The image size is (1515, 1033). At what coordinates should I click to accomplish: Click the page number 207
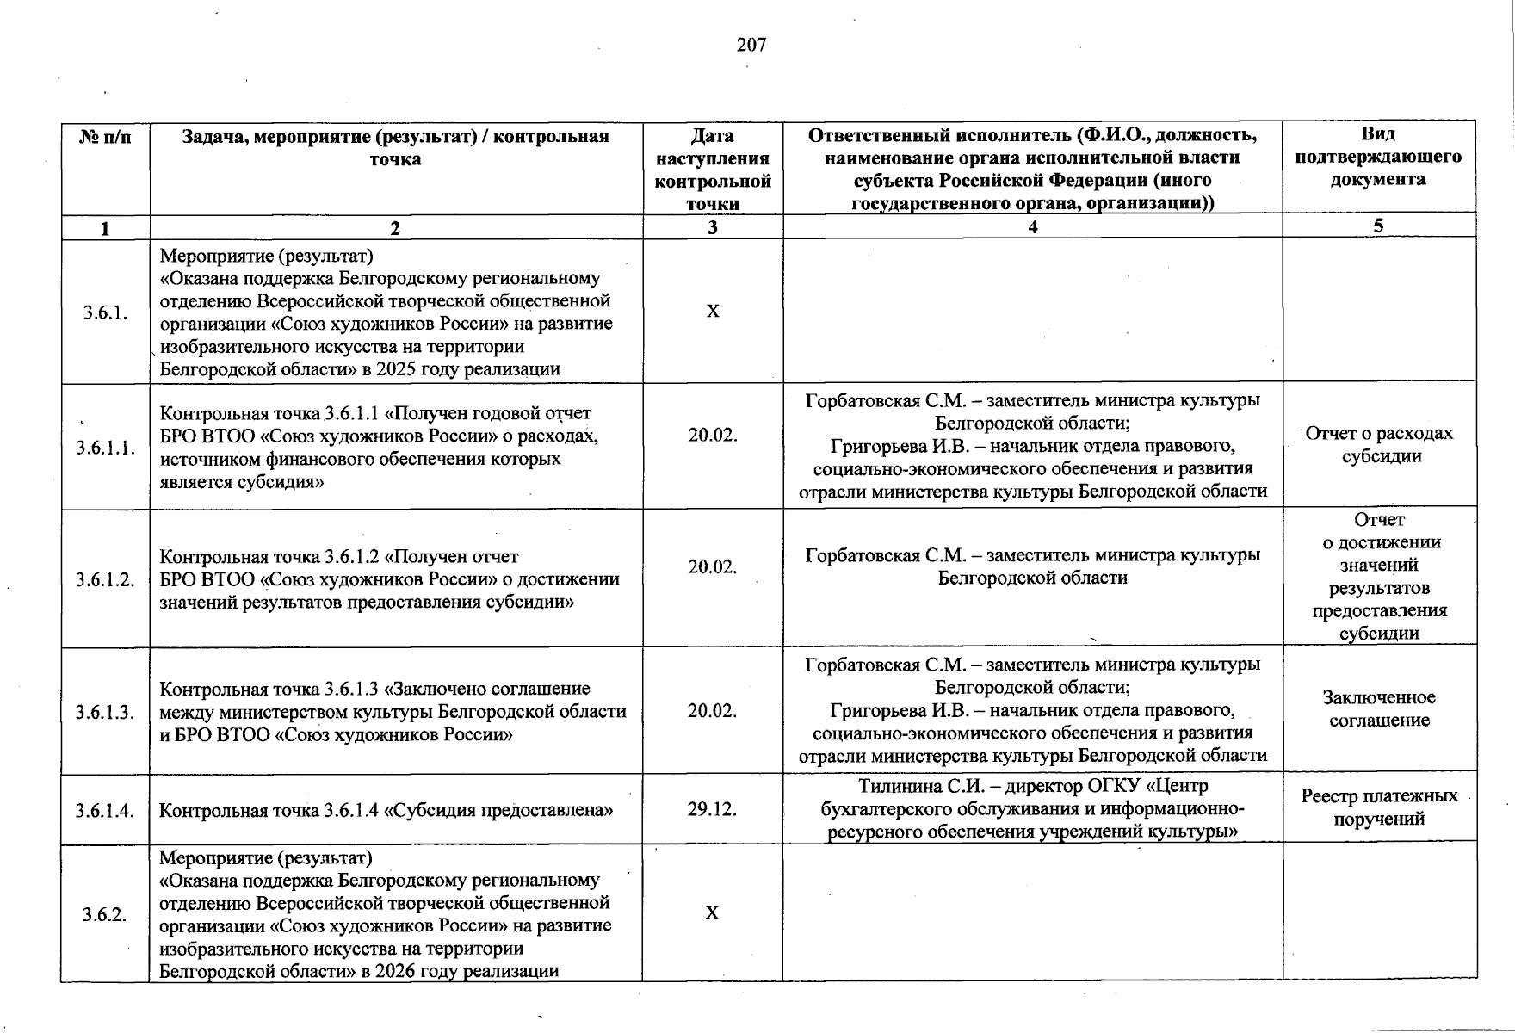click(751, 45)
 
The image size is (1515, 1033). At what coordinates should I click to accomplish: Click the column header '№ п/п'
click(106, 137)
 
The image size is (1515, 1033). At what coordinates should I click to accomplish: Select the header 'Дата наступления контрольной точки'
click(713, 170)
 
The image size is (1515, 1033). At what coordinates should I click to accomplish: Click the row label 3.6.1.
click(106, 312)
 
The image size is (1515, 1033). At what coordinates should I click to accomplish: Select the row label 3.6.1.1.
click(106, 448)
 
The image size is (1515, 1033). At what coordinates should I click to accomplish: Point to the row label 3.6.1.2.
click(106, 579)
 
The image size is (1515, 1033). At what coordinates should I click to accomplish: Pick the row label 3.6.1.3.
click(106, 712)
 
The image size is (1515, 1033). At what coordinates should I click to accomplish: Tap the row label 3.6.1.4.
click(106, 810)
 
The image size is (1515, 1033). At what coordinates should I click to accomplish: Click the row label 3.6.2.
click(106, 914)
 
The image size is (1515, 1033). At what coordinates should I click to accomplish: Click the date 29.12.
click(712, 809)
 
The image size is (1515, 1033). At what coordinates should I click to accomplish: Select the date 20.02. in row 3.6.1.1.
click(712, 436)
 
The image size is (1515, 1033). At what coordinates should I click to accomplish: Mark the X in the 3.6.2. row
click(712, 912)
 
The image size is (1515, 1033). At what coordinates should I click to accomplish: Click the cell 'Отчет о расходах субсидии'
click(1379, 444)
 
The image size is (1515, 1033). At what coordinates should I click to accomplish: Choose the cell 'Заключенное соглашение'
click(1379, 708)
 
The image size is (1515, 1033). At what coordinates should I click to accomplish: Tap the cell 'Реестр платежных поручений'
click(1379, 807)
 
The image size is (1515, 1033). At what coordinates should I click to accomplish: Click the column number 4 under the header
click(1032, 227)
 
